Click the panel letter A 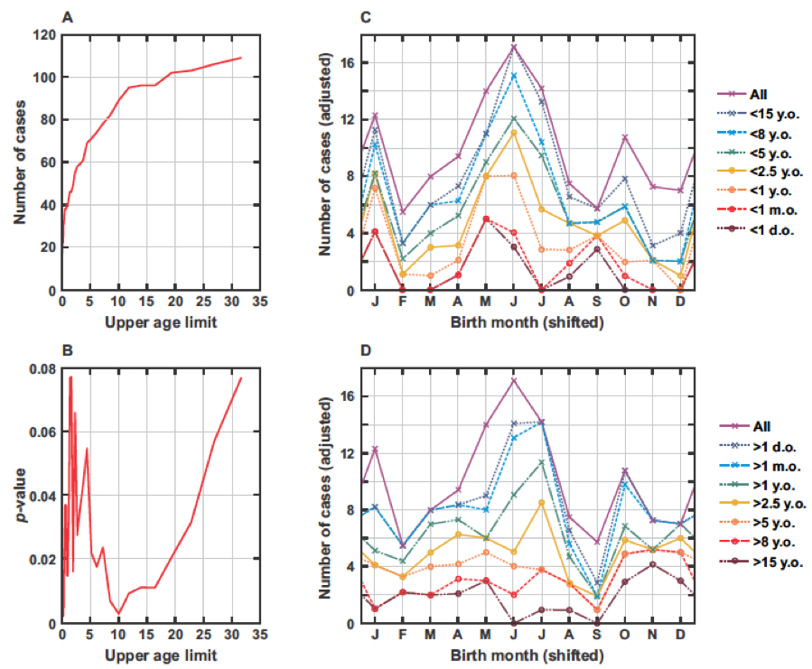tap(67, 16)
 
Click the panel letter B tap(67, 348)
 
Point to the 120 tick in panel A tap(42, 35)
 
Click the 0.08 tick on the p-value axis tap(40, 368)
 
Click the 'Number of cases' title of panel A tap(18, 163)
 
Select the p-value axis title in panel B tap(18, 496)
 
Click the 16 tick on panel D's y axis tap(355, 396)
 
